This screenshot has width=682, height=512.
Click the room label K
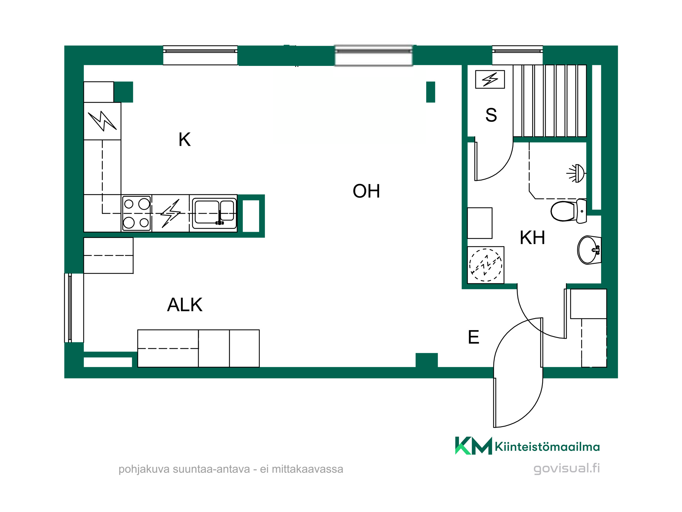[x=184, y=139]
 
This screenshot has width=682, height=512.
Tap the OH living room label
[x=366, y=191]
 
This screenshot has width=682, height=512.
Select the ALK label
[x=185, y=304]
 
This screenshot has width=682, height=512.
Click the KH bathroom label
[x=532, y=238]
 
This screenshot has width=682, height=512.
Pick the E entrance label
[x=474, y=337]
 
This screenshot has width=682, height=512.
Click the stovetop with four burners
[x=136, y=213]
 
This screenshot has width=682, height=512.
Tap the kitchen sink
[x=214, y=213]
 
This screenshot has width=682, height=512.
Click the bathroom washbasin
[x=589, y=250]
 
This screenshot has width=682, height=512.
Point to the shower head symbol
[x=576, y=173]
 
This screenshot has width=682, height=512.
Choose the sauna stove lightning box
[x=490, y=80]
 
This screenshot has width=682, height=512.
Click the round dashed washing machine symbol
[x=486, y=265]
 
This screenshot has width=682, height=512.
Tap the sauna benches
[x=550, y=101]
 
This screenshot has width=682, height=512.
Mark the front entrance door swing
[x=518, y=372]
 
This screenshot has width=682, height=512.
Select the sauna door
[x=493, y=161]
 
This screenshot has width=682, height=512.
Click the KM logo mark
[x=474, y=445]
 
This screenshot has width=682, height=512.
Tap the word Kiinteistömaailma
[x=547, y=446]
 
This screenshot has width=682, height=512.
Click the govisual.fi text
[x=567, y=468]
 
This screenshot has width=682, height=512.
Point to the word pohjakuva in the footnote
[x=144, y=469]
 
